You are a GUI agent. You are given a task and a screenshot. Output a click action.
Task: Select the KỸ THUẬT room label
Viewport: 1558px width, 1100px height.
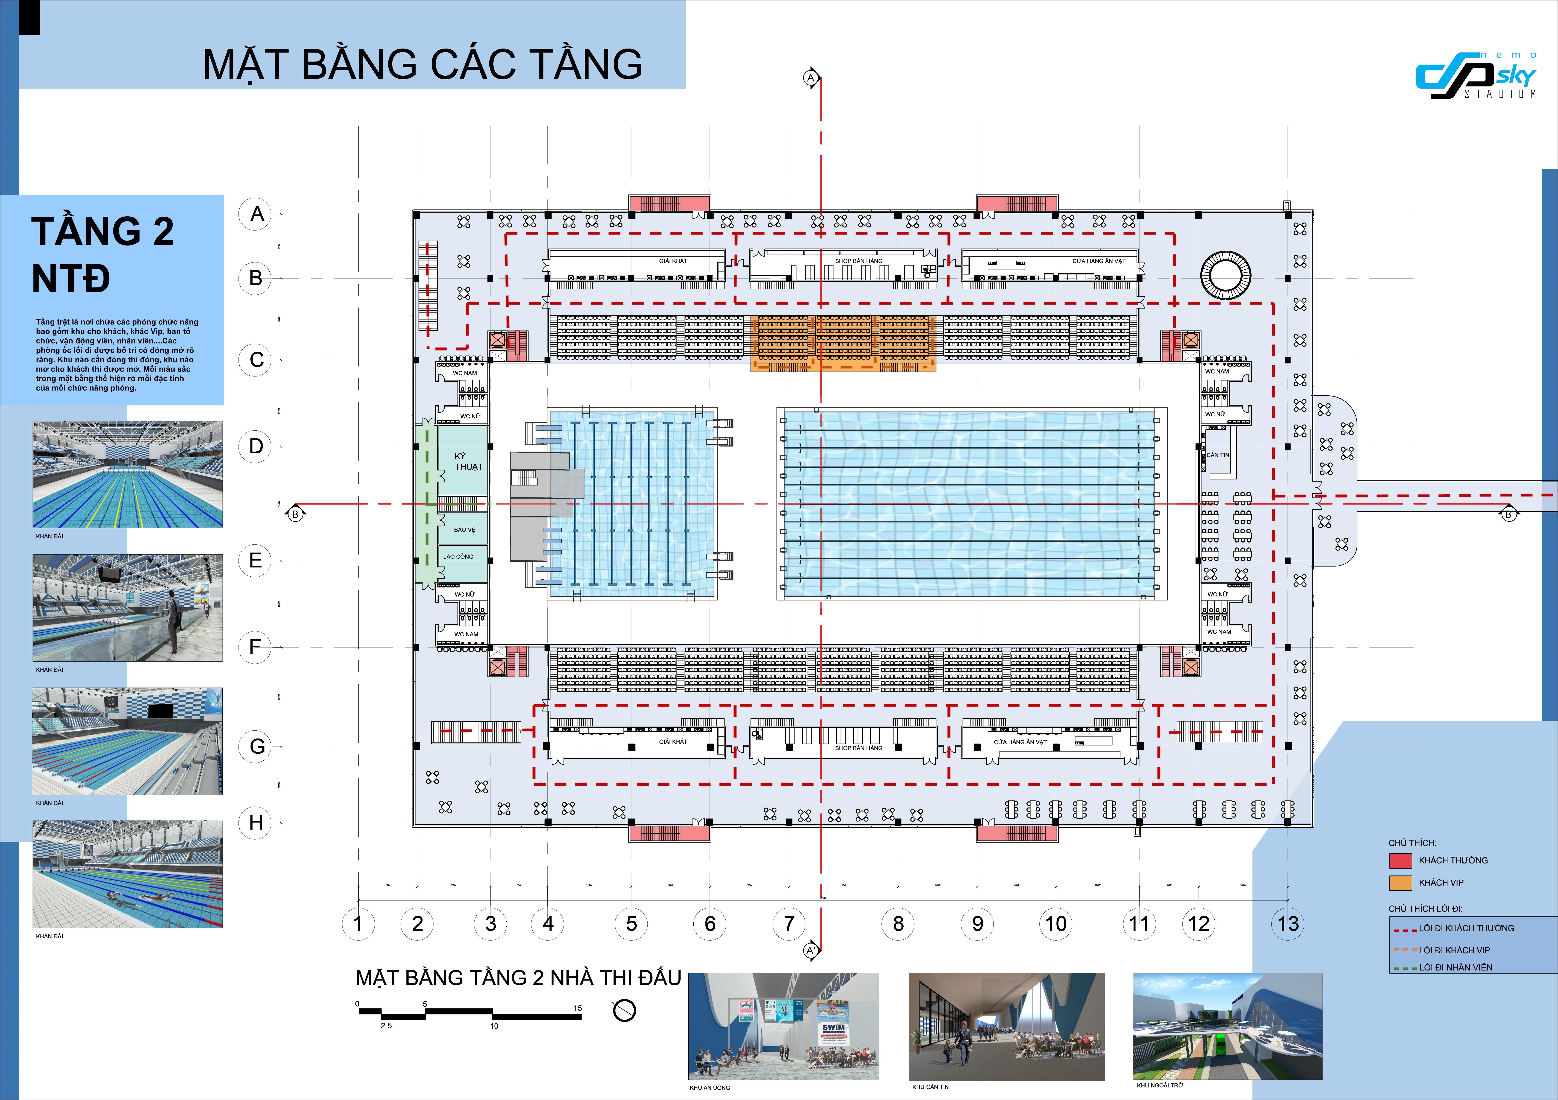pos(468,461)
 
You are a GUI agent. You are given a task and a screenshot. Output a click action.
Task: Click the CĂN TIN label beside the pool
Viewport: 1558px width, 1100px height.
pos(1217,455)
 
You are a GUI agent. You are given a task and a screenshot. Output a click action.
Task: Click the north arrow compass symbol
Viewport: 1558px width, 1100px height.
pos(624,1010)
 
